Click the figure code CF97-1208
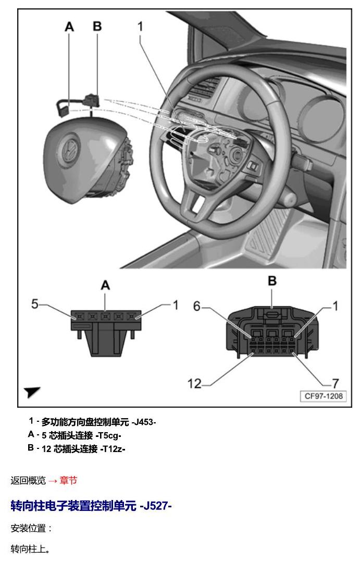[x=324, y=396]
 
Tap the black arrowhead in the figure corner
[x=32, y=392]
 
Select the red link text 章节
[x=68, y=480]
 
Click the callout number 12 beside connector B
[x=194, y=384]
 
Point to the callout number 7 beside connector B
[x=336, y=384]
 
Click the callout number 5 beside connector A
[x=35, y=304]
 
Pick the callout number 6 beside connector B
[x=197, y=306]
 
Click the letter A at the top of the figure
[x=69, y=27]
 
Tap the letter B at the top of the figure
[x=97, y=26]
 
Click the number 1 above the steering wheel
[x=140, y=26]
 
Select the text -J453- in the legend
[x=144, y=422]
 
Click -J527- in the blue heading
[x=156, y=506]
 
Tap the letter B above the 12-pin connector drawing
[x=272, y=281]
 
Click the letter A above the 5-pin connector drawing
[x=105, y=285]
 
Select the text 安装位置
[x=28, y=529]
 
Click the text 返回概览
[x=28, y=480]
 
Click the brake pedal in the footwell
[x=266, y=231]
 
